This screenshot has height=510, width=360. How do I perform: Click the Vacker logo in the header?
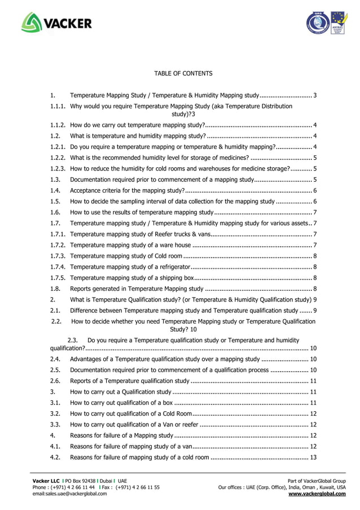click(x=56, y=23)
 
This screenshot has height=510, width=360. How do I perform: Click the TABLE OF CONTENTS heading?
click(x=183, y=73)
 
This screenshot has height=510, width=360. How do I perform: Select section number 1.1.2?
click(x=58, y=125)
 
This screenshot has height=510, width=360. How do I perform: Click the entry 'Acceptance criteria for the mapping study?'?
click(x=128, y=190)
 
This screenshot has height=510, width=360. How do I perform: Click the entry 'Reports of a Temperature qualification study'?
click(x=130, y=381)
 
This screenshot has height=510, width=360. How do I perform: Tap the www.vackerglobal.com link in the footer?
click(x=317, y=494)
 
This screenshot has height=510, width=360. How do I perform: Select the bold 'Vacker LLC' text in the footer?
click(x=47, y=480)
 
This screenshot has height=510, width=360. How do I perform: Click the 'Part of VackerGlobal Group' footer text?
click(x=317, y=480)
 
